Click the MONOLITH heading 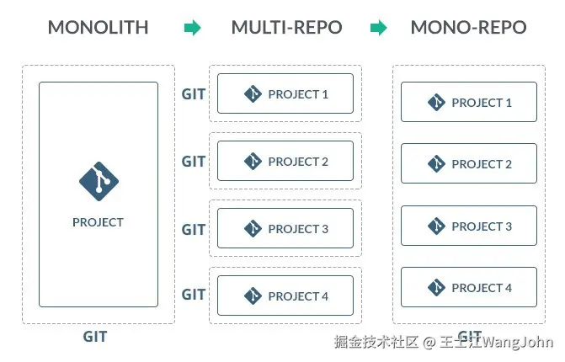[98, 27]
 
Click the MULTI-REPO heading [286, 27]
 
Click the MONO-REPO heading [468, 27]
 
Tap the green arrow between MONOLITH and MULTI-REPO [193, 28]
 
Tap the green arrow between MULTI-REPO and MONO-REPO [379, 28]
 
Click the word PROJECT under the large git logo [98, 222]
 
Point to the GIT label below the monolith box [95, 337]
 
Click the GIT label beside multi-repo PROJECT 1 [194, 94]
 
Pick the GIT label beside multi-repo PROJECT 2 [194, 162]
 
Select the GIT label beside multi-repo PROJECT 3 [194, 229]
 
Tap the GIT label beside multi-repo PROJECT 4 [194, 295]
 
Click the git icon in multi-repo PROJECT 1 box [253, 94]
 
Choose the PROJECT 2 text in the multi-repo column [298, 162]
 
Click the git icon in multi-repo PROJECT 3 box [253, 228]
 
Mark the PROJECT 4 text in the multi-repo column [298, 296]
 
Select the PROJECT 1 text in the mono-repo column [482, 103]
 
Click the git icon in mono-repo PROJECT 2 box [436, 164]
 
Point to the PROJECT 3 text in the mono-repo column [482, 226]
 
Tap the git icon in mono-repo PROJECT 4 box [436, 288]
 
